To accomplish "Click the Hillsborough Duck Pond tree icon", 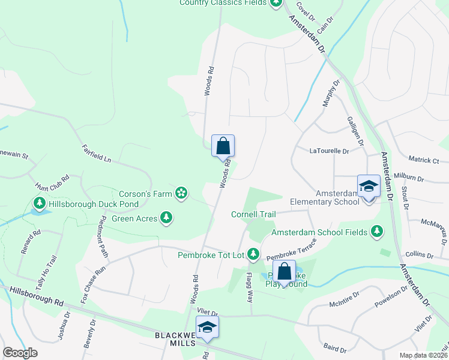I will [40, 203].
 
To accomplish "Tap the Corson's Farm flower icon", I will [180, 193].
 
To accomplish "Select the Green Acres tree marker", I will [167, 218].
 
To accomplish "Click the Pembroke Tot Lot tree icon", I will [253, 255].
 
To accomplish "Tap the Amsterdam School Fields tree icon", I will [376, 231].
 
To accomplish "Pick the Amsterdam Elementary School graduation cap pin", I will [368, 187].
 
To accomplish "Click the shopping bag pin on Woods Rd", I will [223, 146].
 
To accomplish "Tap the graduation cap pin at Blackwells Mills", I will [207, 328].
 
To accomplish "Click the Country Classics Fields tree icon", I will [276, 2].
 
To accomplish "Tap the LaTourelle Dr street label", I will [329, 151].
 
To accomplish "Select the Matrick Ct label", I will [424, 160].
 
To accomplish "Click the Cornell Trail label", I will [253, 214].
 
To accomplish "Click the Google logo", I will [20, 353].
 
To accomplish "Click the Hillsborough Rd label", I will [37, 297].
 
